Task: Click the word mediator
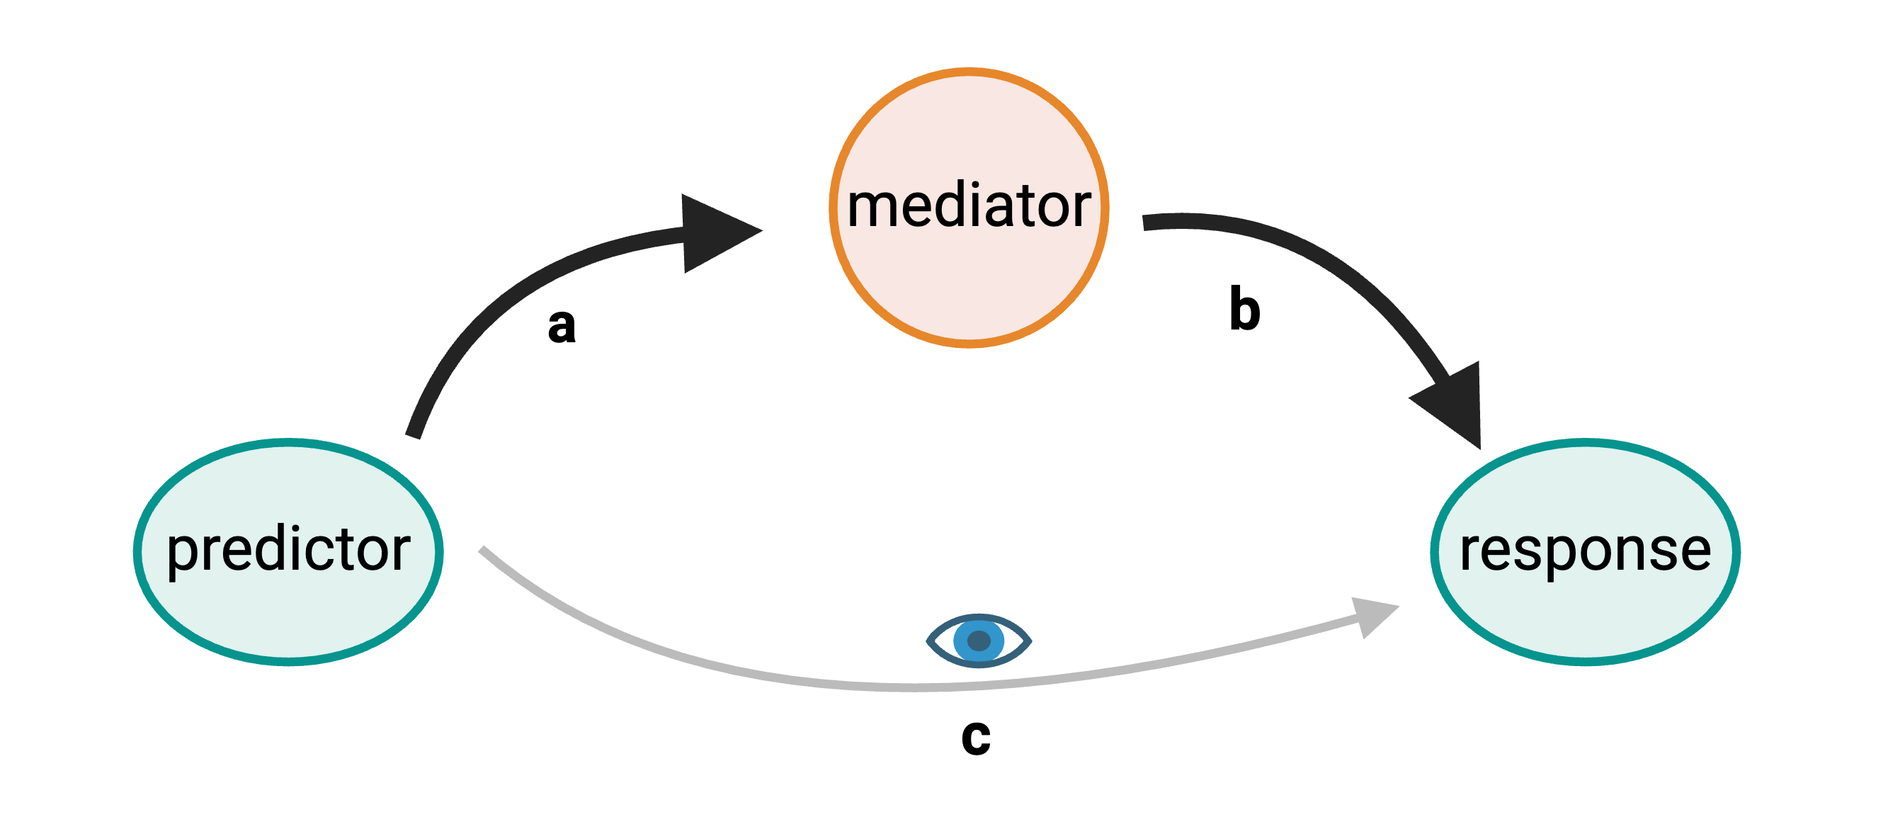(x=968, y=207)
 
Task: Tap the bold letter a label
(x=562, y=325)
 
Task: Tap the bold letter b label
(x=1244, y=310)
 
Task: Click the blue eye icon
(x=979, y=640)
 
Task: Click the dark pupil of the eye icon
(x=979, y=641)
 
